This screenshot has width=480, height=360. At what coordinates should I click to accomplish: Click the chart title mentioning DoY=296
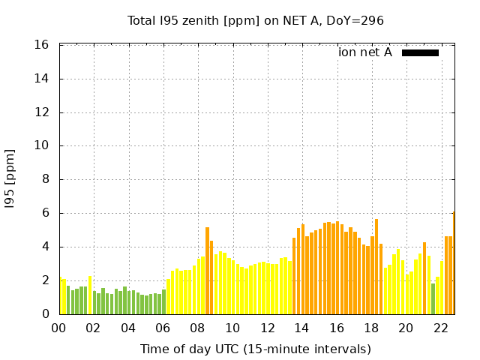(255, 21)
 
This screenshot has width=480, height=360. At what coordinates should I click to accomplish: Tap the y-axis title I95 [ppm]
(10, 178)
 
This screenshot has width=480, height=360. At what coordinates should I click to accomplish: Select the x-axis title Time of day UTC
(255, 349)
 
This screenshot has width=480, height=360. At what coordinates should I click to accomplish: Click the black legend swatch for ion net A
(420, 52)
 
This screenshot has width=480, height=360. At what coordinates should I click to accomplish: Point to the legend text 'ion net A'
(365, 52)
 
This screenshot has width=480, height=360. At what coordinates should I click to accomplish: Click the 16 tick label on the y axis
(43, 45)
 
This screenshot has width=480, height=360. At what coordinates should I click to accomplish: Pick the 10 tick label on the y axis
(43, 146)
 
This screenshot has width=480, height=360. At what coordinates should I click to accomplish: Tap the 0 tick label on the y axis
(46, 314)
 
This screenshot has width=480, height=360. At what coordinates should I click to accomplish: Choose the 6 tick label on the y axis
(46, 213)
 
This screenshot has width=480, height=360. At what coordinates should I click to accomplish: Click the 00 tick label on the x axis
(59, 328)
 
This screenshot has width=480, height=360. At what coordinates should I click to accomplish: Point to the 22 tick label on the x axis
(440, 328)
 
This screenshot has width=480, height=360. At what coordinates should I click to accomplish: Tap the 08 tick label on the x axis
(198, 328)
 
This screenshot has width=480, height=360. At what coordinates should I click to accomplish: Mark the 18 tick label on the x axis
(371, 328)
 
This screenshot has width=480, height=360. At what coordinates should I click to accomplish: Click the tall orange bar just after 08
(207, 270)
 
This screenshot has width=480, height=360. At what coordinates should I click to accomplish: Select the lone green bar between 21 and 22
(433, 298)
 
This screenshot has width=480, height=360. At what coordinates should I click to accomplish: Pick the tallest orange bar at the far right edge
(454, 262)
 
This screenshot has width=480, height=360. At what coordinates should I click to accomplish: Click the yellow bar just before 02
(90, 295)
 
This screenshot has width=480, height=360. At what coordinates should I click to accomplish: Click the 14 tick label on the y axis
(43, 79)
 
